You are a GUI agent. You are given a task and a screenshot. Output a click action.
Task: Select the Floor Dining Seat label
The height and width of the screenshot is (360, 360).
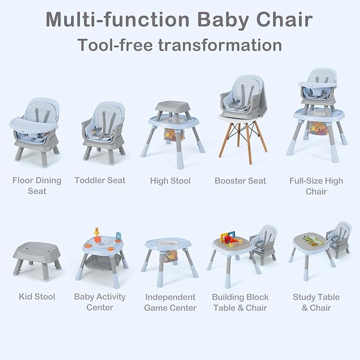37,185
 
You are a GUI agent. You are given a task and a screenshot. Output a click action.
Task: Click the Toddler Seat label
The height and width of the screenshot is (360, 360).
100,180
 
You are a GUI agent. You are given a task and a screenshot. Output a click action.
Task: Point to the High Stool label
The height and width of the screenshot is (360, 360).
170,181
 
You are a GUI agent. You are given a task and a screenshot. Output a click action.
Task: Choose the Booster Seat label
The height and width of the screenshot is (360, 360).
241,181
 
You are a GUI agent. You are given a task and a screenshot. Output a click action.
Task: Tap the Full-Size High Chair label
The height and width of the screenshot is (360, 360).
316,185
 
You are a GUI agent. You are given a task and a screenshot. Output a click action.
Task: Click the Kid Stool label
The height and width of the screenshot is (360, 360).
37,296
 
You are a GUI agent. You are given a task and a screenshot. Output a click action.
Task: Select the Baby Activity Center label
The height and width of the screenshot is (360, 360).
100,302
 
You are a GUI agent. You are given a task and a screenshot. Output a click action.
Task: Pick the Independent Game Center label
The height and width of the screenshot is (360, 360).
170,302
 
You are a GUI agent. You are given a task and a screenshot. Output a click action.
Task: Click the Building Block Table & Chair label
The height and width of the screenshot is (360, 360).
241,302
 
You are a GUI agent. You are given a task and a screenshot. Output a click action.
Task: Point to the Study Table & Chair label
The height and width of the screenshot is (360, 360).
316,302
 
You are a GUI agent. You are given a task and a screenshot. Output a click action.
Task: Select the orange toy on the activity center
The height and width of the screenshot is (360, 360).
98,234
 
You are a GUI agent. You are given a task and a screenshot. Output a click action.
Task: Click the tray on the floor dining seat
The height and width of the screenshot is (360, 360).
33,126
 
